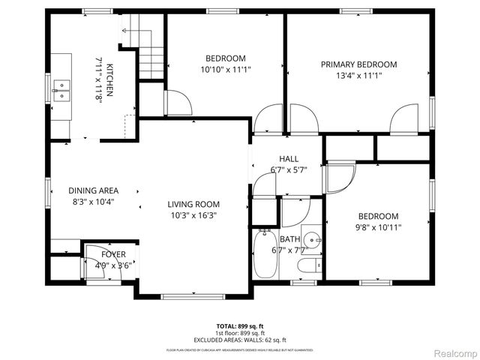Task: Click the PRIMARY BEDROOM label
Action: tap(358, 64)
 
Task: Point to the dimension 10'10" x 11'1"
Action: tap(226, 70)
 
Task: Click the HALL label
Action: tap(289, 159)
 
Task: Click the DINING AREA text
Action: tap(93, 190)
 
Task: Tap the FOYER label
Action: tap(114, 254)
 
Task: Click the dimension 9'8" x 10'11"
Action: tap(378, 228)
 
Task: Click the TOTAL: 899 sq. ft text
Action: tap(240, 326)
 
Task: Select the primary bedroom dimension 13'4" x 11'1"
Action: tap(358, 75)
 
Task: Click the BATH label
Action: tap(289, 238)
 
